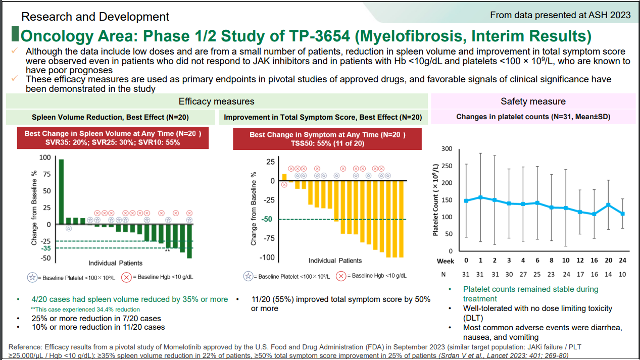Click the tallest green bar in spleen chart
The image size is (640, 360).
[x=61, y=191]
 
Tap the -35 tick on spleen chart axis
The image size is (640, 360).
[x=46, y=248]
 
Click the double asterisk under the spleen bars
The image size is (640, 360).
[x=167, y=250]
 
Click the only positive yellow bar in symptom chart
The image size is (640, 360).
[x=284, y=177]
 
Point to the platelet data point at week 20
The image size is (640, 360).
[x=608, y=205]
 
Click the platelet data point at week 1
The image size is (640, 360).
[x=480, y=197]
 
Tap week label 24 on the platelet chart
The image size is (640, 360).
[x=622, y=261]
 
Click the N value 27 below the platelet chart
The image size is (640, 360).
[x=523, y=274]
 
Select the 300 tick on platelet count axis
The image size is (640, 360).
[x=447, y=149]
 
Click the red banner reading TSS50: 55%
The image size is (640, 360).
[x=327, y=139]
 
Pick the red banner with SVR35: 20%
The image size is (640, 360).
[x=113, y=138]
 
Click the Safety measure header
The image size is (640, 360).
[x=533, y=101]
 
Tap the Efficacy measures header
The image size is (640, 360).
[x=217, y=101]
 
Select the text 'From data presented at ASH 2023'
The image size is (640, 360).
[x=560, y=15]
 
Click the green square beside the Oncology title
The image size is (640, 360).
[x=15, y=33]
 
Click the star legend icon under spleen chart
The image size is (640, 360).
[x=32, y=278]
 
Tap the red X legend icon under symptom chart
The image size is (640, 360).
[x=341, y=276]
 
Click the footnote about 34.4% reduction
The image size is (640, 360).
[x=85, y=310]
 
